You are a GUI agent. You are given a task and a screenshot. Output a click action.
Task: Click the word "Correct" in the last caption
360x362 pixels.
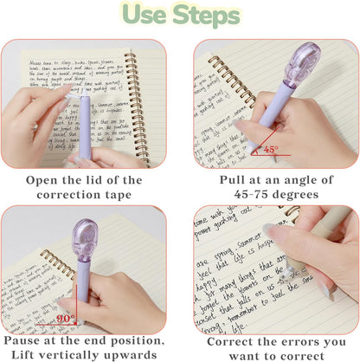[231, 341]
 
